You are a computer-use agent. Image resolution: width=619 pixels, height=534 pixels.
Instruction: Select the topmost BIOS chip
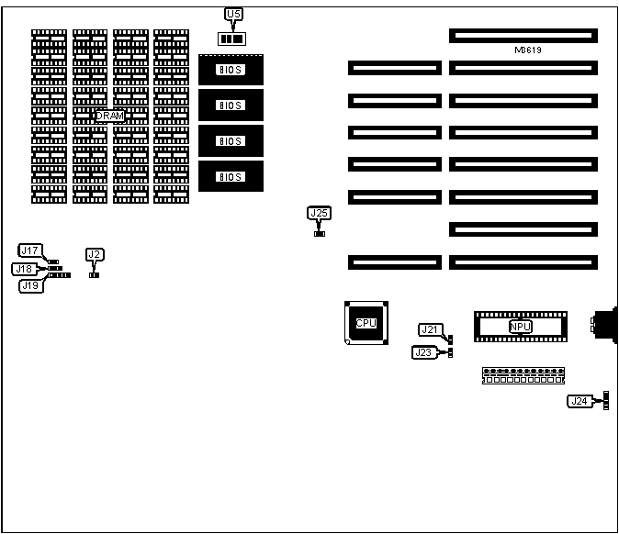tap(231, 70)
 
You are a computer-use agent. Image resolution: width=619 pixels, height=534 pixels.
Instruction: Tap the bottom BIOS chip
tap(231, 176)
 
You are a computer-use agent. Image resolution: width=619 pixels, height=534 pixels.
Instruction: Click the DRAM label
tap(110, 116)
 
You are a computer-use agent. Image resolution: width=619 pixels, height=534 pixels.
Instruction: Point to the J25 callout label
tap(319, 214)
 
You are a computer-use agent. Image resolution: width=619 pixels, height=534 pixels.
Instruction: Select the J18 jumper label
tap(23, 269)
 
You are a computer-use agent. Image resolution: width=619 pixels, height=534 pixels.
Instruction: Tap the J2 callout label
tap(94, 254)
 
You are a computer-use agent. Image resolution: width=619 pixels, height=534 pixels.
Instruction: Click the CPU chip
tap(366, 323)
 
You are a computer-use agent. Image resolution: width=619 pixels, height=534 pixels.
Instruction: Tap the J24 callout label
tap(579, 401)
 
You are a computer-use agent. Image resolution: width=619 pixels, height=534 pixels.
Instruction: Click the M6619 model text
tap(527, 50)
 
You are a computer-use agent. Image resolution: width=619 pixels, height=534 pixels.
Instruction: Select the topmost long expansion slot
tap(523, 35)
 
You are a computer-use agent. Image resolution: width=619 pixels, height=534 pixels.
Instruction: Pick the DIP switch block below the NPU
tap(523, 376)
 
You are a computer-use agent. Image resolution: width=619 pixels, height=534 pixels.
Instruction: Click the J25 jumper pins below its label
tap(319, 233)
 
